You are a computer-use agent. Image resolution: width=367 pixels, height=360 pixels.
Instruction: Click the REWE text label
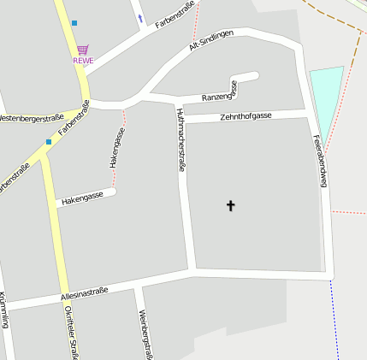tap(83, 61)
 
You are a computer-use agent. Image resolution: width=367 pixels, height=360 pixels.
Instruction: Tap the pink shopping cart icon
tap(82, 50)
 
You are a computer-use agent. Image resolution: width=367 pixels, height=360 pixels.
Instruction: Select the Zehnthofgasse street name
tap(246, 115)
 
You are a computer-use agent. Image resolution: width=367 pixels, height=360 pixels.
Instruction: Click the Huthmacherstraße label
tap(181, 140)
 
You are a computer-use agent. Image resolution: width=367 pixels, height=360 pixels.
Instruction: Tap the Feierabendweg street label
tap(319, 160)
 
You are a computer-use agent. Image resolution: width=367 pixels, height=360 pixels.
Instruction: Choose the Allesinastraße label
tap(84, 294)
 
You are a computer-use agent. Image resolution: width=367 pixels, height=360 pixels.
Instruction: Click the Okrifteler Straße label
tap(72, 333)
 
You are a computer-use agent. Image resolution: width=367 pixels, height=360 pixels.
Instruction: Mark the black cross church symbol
tap(229, 205)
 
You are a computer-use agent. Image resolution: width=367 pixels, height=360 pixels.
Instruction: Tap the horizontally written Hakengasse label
tap(82, 198)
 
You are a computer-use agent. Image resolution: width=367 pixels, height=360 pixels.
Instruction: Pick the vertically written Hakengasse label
tap(117, 147)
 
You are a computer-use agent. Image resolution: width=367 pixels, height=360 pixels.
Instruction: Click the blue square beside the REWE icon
tap(74, 22)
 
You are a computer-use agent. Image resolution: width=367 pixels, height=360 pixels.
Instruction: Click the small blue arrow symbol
tap(140, 18)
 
